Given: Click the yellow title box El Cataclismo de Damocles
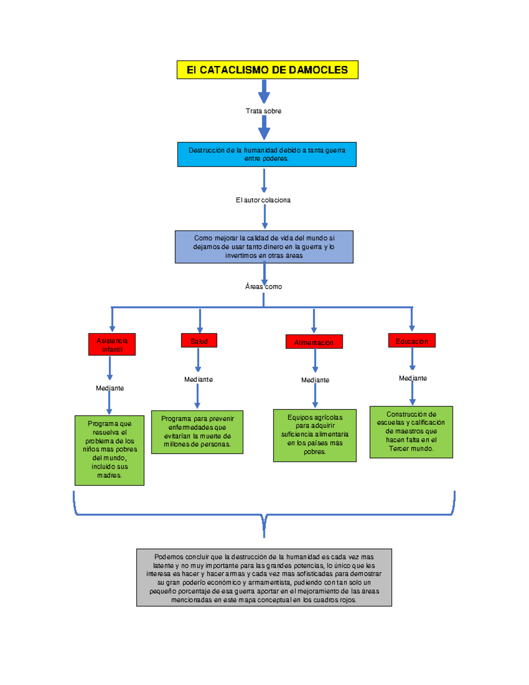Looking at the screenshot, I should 267,70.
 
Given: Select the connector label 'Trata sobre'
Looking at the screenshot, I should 264,111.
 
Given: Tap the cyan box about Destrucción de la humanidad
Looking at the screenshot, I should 267,154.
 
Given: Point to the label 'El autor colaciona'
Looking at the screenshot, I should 263,200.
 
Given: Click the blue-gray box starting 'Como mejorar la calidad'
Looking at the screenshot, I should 264,247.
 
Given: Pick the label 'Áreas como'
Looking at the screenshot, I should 264,287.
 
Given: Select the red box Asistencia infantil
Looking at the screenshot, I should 112,344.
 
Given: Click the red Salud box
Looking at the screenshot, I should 199,341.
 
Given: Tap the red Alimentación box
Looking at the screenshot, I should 314,342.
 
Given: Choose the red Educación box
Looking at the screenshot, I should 412,341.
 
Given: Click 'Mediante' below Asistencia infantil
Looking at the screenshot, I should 110,388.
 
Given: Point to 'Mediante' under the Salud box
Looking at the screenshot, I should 198,379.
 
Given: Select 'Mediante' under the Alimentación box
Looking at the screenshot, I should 315,380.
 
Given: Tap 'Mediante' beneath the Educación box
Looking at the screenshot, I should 413,378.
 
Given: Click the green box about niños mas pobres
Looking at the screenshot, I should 109,450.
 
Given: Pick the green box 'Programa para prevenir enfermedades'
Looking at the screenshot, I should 197,432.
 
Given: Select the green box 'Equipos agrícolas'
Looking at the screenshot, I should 315,435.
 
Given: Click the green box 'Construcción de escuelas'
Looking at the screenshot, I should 411,432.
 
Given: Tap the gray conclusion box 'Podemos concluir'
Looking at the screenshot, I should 264,577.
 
